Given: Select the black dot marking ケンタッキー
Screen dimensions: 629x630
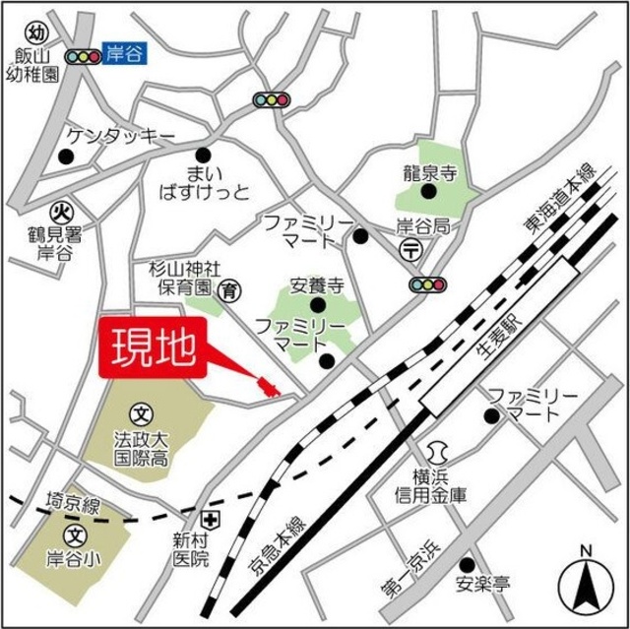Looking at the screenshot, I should [66, 156].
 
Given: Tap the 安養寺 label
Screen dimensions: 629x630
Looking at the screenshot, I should [316, 286].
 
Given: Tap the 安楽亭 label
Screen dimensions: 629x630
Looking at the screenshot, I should [482, 586].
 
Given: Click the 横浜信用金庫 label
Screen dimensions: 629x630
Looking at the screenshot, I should [438, 488].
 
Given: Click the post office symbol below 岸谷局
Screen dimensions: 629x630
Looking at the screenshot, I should [412, 250].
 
